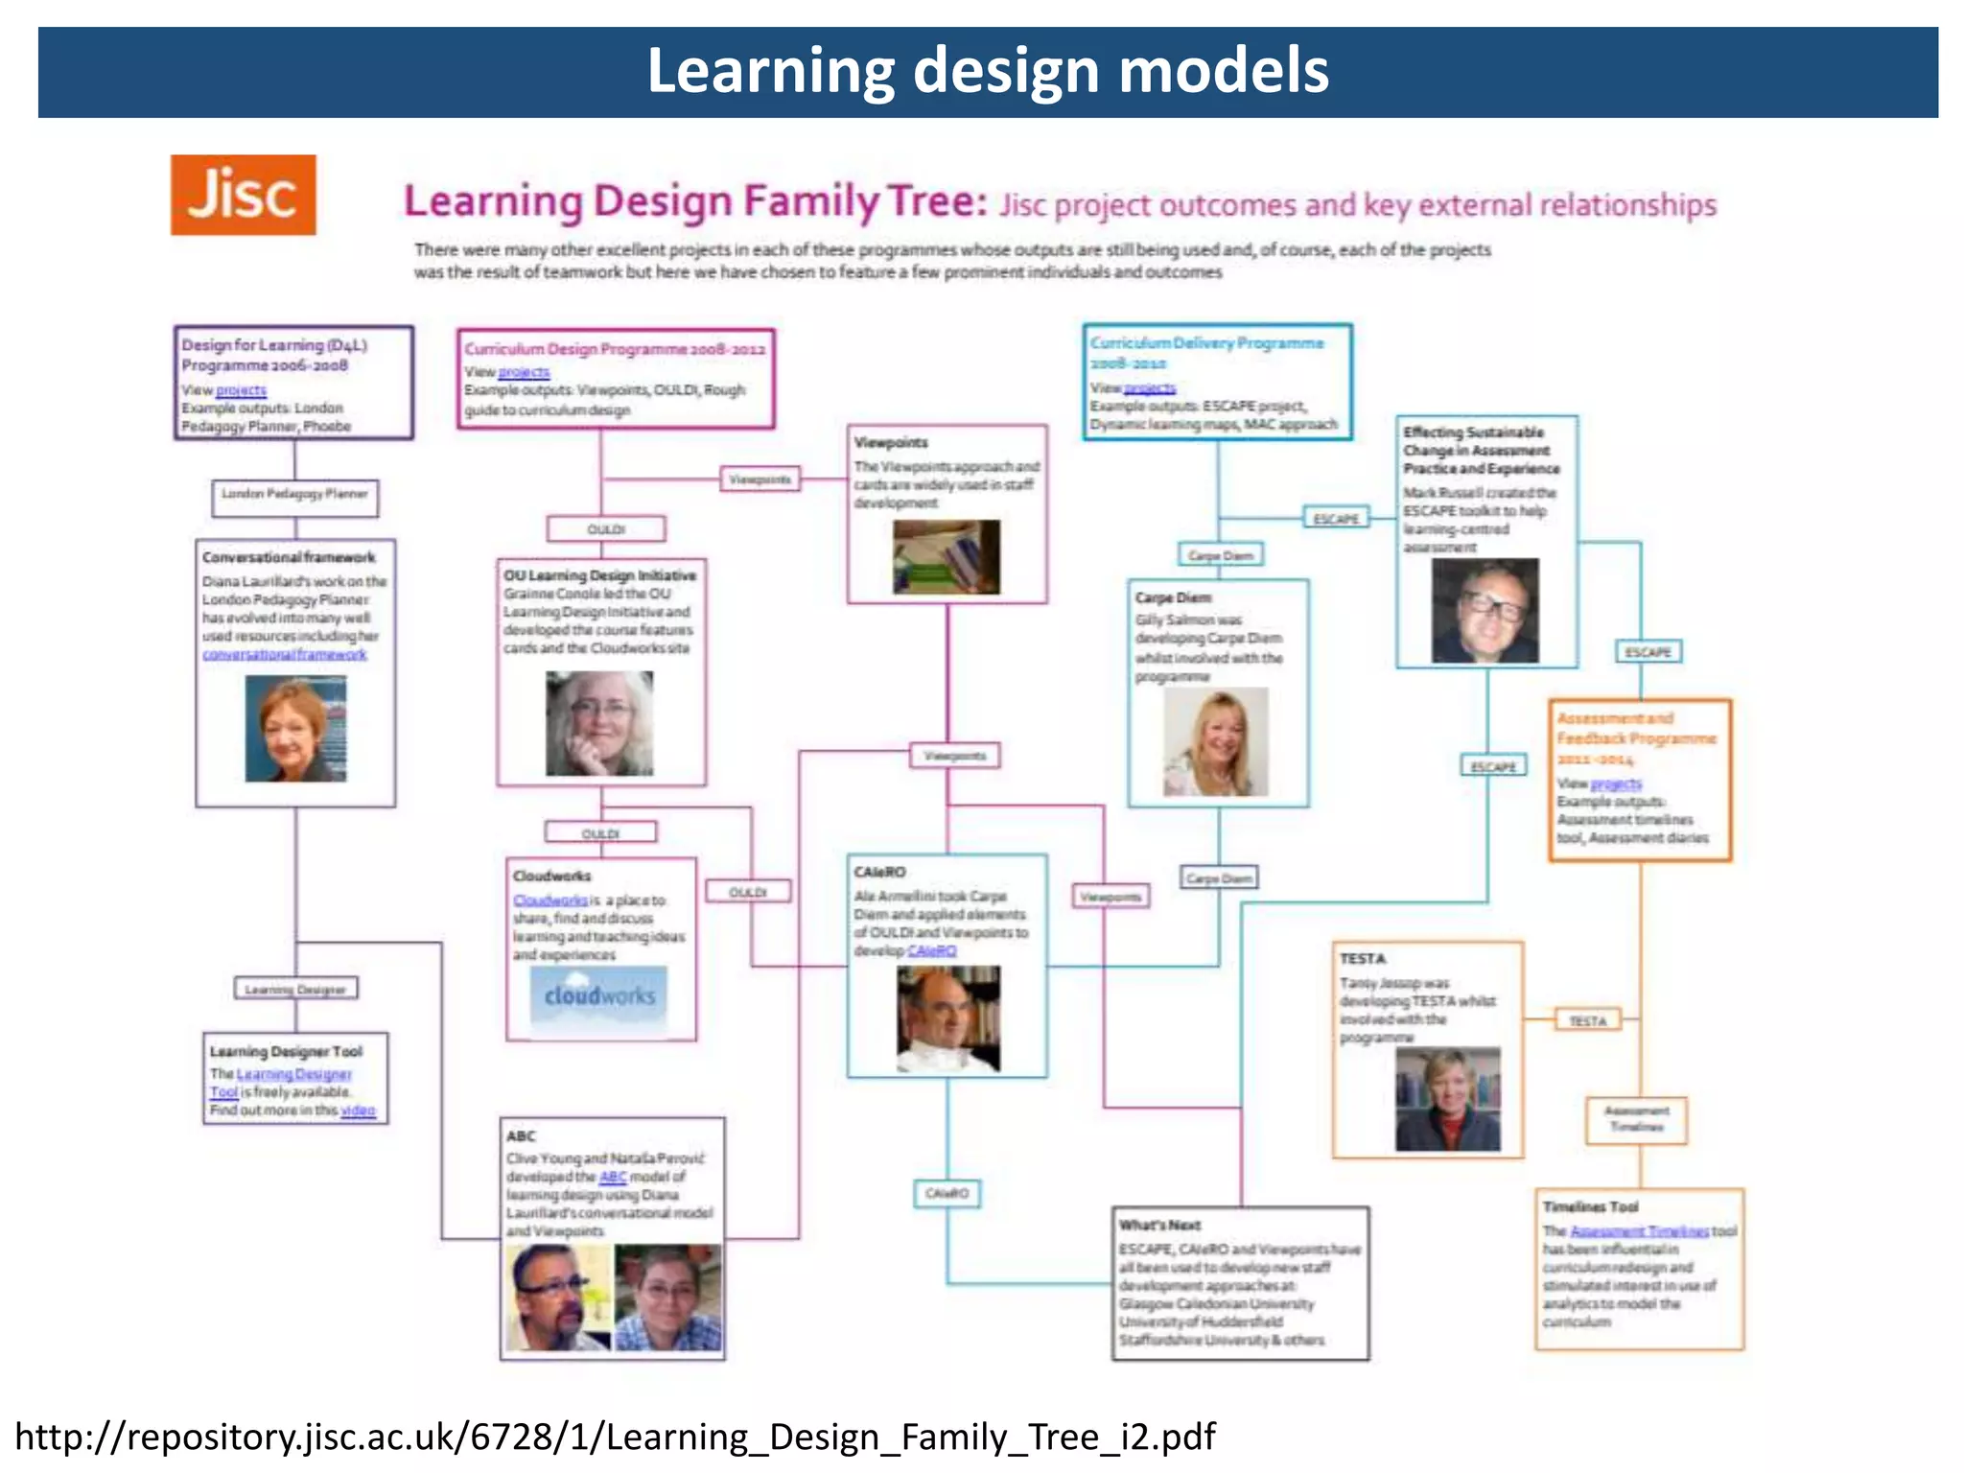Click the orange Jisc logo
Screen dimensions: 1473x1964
[243, 195]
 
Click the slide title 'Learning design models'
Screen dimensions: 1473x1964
[988, 71]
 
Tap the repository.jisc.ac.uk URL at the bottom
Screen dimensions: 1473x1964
[615, 1437]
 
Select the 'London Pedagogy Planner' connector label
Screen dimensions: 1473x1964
[295, 495]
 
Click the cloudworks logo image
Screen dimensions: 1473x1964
[600, 996]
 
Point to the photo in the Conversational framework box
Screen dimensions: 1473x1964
[295, 729]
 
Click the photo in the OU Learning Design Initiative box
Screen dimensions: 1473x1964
[599, 723]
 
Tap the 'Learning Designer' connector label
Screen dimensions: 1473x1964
[295, 989]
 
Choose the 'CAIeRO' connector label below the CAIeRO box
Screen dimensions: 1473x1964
[947, 1194]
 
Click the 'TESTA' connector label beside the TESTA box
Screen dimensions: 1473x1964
[1587, 1020]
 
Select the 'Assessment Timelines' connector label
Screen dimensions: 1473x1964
[1636, 1119]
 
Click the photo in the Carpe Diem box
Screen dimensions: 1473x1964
[1216, 742]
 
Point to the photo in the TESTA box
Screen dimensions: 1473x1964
[1447, 1099]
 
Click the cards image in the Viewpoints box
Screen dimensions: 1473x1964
[947, 557]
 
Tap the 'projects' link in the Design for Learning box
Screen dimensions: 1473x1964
[241, 390]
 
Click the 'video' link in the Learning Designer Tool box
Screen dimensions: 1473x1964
[358, 1111]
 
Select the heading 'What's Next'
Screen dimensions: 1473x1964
[1159, 1225]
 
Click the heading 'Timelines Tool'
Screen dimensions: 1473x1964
[1590, 1206]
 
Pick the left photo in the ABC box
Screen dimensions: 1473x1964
[557, 1298]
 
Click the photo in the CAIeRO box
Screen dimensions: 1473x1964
[948, 1018]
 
